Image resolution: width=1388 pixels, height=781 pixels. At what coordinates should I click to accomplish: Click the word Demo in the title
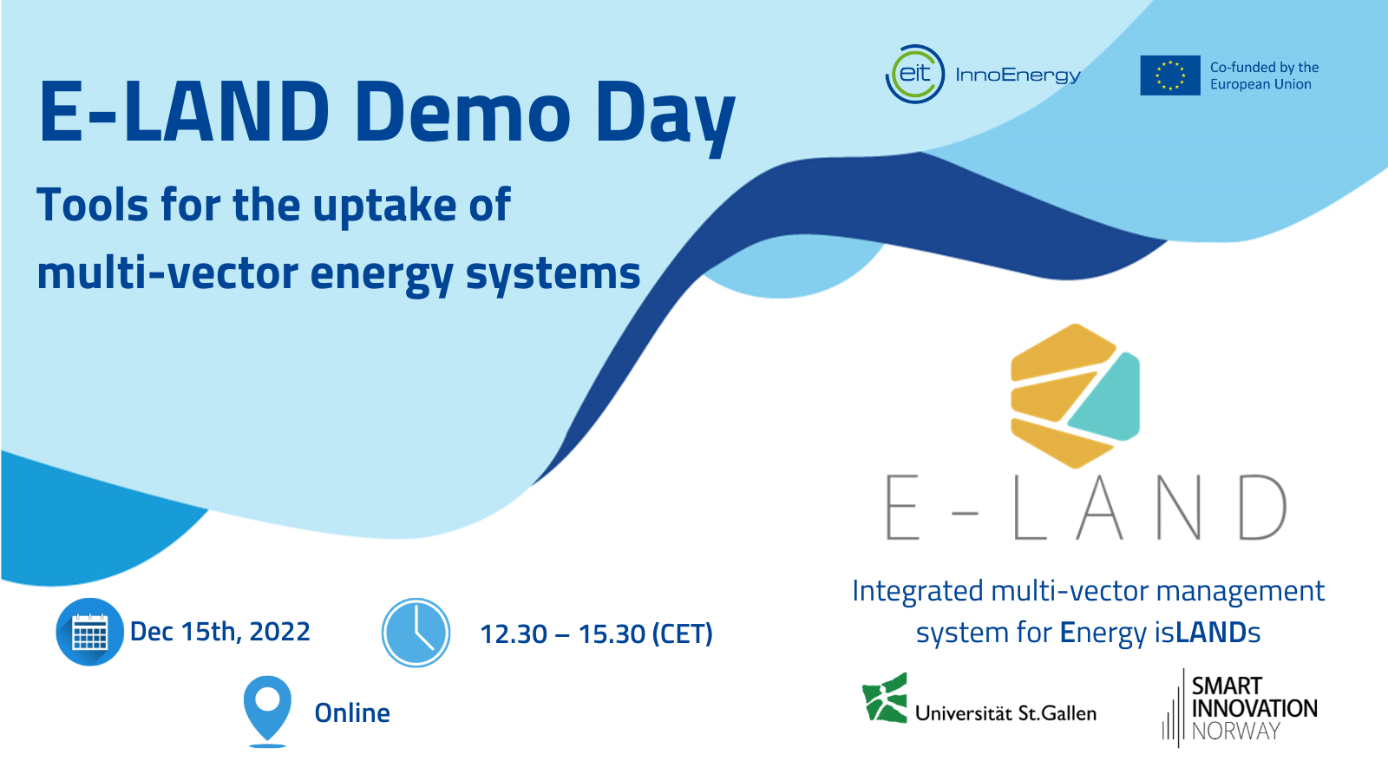pos(462,113)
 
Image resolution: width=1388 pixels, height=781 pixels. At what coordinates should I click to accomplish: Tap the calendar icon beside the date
pos(89,633)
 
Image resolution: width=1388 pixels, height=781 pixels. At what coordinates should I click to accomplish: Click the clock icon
pos(416,633)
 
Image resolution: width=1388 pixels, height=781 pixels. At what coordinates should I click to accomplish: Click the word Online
pos(352,713)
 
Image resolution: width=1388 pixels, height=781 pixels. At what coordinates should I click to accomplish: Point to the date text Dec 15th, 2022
pos(219,632)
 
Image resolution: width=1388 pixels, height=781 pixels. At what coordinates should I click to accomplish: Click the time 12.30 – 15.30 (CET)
pos(596,634)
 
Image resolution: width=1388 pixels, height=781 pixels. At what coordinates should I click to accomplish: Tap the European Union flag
pos(1169,75)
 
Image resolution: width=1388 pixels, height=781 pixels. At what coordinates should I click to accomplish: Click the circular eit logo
pos(914,75)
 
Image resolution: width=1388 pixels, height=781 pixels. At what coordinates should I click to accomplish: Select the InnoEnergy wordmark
pos(1018,75)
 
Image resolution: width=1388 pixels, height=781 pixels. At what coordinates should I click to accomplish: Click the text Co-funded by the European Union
pos(1264,75)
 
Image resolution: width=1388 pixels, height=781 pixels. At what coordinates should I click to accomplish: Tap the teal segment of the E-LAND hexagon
pos(1109,399)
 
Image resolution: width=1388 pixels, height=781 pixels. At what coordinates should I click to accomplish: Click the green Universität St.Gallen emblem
pos(885,699)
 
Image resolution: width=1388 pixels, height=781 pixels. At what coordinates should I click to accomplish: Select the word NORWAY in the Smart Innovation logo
pos(1235,732)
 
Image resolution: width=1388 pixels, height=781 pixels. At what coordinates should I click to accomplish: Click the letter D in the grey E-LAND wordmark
pos(1262,508)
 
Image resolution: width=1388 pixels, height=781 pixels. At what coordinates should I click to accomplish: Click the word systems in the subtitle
pos(553,273)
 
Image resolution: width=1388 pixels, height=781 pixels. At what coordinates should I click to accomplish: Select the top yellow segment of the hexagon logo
pos(1064,352)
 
